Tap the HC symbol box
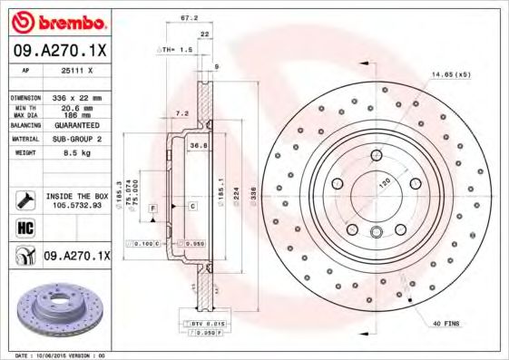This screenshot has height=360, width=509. coord(25,228)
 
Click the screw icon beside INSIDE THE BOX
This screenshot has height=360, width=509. coord(25,199)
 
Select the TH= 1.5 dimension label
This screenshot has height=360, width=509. coord(176,50)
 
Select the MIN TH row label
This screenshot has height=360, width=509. coord(26,106)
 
